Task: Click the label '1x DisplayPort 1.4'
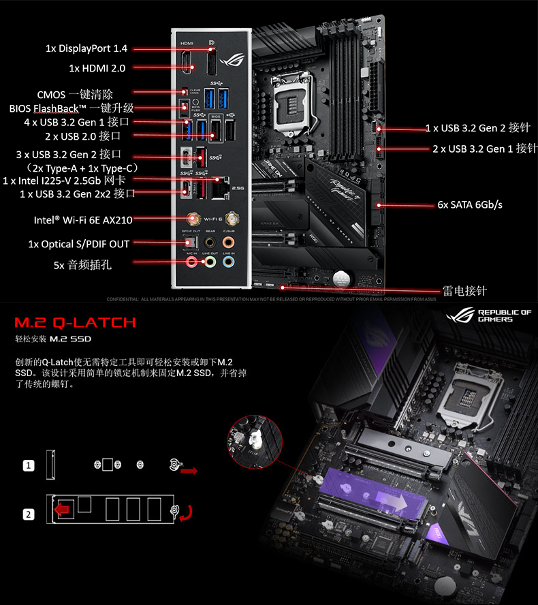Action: tap(86, 48)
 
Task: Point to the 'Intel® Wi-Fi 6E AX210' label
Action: tap(83, 220)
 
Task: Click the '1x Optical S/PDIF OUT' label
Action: tap(78, 243)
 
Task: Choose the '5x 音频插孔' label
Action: tap(82, 264)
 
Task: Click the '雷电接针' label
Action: tap(465, 291)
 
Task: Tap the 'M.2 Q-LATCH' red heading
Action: tap(76, 322)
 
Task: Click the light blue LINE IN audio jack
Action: tap(230, 260)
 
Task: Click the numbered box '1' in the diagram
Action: tap(29, 466)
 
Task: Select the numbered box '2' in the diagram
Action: tap(29, 514)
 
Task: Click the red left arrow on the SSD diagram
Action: tap(63, 509)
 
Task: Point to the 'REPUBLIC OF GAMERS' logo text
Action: tap(504, 315)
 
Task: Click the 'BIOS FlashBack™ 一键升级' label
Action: tap(72, 108)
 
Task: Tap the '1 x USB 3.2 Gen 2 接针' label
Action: tap(477, 128)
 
